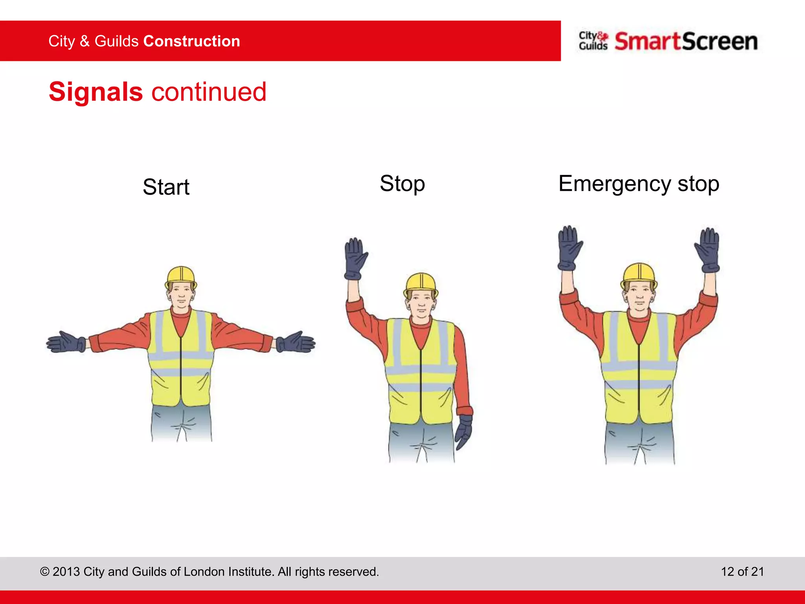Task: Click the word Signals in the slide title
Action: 96,92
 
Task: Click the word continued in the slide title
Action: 209,92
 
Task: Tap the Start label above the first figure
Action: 166,187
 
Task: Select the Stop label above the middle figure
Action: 402,184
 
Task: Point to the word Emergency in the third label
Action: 615,184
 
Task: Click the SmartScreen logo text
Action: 686,41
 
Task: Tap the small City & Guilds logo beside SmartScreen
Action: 593,41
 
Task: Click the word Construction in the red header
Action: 192,41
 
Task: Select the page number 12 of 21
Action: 742,571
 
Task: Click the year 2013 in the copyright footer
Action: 66,571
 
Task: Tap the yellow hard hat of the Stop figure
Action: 421,283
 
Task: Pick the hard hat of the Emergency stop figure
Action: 639,274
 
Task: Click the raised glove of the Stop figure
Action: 355,259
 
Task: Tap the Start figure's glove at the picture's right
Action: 296,342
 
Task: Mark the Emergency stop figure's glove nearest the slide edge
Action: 708,250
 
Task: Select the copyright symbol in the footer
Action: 45,571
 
